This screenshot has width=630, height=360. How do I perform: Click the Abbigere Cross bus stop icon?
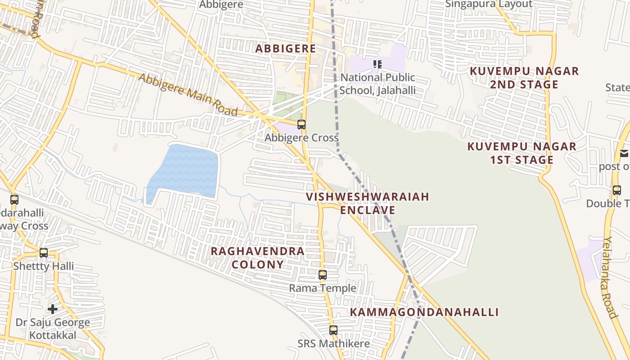pyautogui.click(x=301, y=125)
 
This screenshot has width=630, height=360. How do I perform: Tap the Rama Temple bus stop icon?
pyautogui.click(x=323, y=275)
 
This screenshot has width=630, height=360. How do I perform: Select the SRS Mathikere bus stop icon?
pyautogui.click(x=333, y=330)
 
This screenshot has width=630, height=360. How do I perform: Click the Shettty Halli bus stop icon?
pyautogui.click(x=44, y=253)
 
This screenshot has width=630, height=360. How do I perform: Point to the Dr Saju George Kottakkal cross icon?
pyautogui.click(x=53, y=309)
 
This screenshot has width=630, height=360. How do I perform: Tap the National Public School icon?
pyautogui.click(x=378, y=64)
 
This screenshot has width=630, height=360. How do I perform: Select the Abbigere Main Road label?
pyautogui.click(x=188, y=95)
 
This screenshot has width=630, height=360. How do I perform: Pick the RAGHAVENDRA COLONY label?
pyautogui.click(x=257, y=257)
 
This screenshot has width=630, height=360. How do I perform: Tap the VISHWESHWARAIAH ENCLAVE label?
pyautogui.click(x=367, y=203)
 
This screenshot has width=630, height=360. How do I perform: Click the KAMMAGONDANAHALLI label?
pyautogui.click(x=424, y=312)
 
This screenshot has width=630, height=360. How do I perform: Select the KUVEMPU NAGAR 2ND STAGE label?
pyautogui.click(x=524, y=78)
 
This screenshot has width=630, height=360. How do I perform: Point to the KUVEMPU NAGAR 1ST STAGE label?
pyautogui.click(x=522, y=153)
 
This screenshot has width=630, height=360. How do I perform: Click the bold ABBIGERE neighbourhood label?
pyautogui.click(x=286, y=49)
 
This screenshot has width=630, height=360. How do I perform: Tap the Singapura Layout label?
pyautogui.click(x=489, y=4)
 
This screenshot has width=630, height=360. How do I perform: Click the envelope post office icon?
pyautogui.click(x=624, y=153)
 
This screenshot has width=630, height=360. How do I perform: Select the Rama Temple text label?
pyautogui.click(x=323, y=288)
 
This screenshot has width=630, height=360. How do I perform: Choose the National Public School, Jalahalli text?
pyautogui.click(x=377, y=84)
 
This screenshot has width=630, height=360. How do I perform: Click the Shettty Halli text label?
pyautogui.click(x=43, y=266)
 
